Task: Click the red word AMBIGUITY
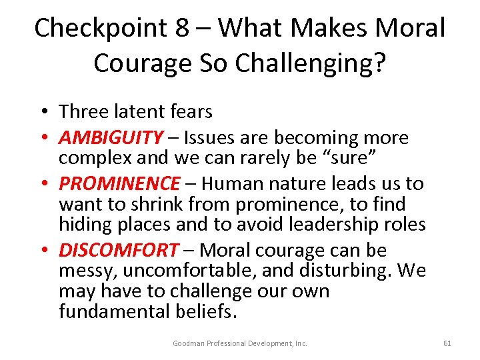[x=111, y=138]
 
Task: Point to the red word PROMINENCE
[x=119, y=183]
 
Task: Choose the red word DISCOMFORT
[x=119, y=250]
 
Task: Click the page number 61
[x=447, y=343]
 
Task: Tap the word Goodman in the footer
[x=190, y=343]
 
